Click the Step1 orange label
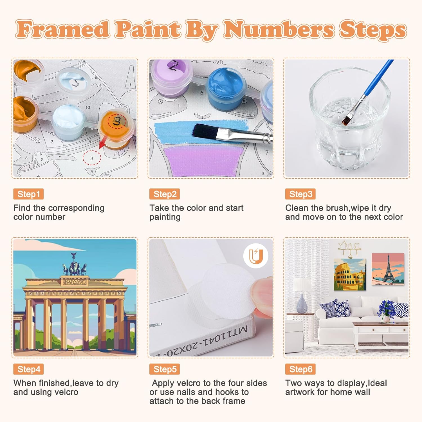point(28,194)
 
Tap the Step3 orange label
point(300,194)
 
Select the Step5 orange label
point(165,369)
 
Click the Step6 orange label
point(300,369)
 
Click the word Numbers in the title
point(279,29)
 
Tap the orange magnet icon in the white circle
point(256,256)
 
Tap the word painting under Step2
point(165,217)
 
